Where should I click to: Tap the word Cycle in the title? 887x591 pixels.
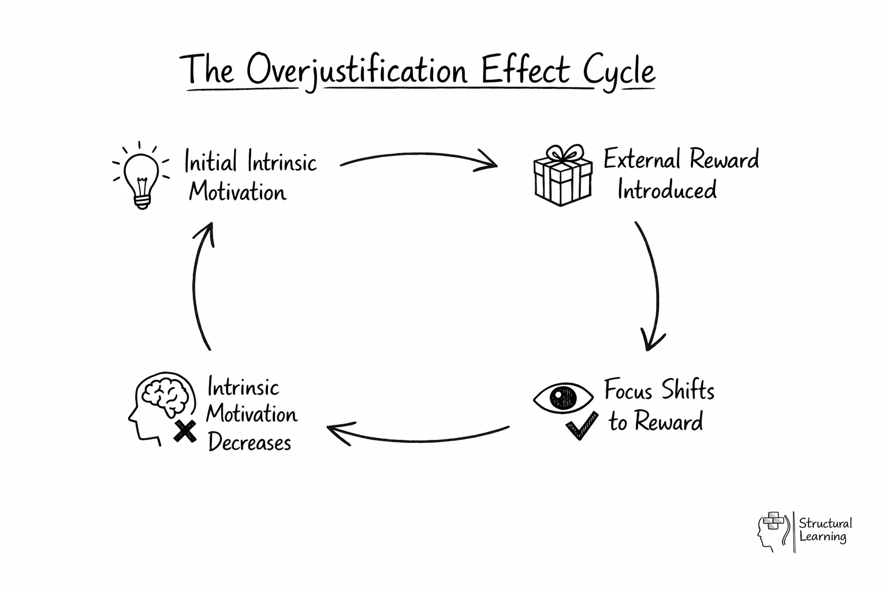click(618, 72)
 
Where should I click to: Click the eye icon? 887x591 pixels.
click(563, 397)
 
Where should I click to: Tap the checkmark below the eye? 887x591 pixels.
click(582, 426)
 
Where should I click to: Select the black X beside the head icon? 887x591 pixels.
click(185, 431)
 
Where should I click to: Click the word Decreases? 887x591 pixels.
click(249, 443)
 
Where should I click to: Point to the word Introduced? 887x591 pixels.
click(667, 190)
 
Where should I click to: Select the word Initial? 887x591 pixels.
click(211, 162)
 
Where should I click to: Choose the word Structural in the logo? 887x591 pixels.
click(825, 523)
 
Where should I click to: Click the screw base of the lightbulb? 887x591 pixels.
click(142, 201)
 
